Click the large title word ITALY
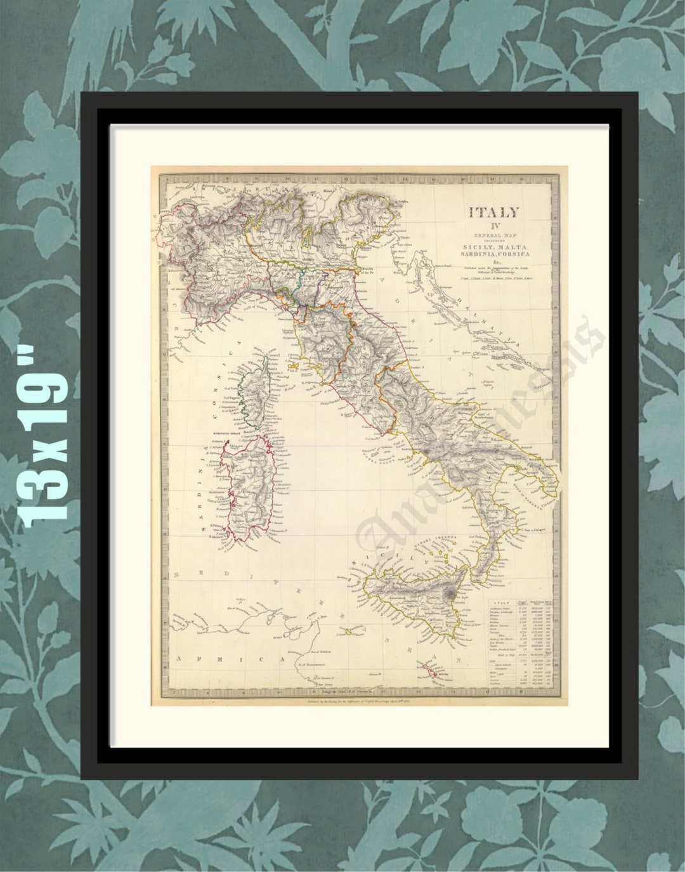point(493,212)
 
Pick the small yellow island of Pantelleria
point(348,632)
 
